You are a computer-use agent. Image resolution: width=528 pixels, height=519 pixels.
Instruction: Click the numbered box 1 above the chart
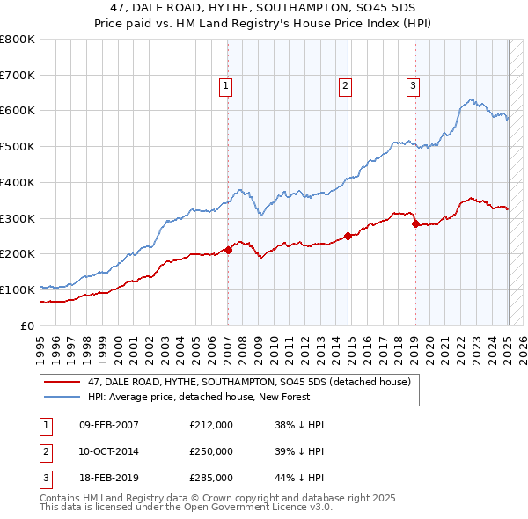(226, 85)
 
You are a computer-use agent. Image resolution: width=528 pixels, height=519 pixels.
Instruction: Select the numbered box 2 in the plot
(345, 85)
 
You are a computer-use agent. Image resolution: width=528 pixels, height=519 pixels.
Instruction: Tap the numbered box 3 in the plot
(413, 85)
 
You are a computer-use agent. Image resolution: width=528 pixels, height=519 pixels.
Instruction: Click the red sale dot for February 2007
(228, 250)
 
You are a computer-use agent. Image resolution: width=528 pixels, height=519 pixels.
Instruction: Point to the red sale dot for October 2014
(348, 236)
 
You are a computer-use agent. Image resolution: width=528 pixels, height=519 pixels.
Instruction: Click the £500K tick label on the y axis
(18, 147)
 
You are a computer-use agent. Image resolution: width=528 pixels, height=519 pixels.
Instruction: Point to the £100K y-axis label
(18, 289)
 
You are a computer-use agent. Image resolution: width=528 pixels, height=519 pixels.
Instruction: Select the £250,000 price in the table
(211, 451)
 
